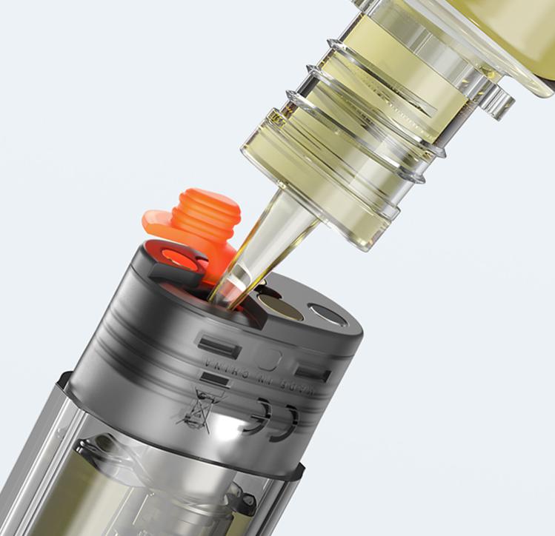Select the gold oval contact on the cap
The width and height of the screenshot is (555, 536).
279,304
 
